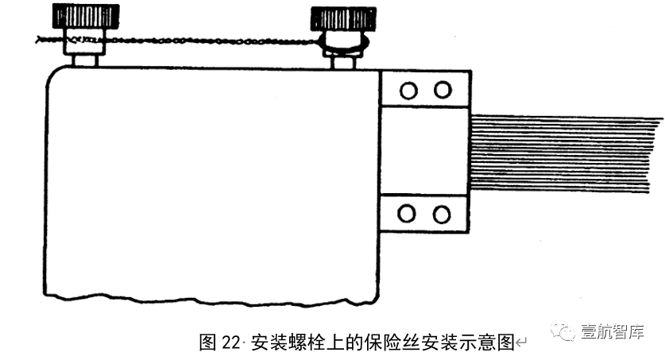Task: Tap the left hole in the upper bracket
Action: click(x=408, y=90)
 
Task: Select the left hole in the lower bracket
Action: click(x=408, y=214)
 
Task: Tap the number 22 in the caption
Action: click(x=230, y=343)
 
